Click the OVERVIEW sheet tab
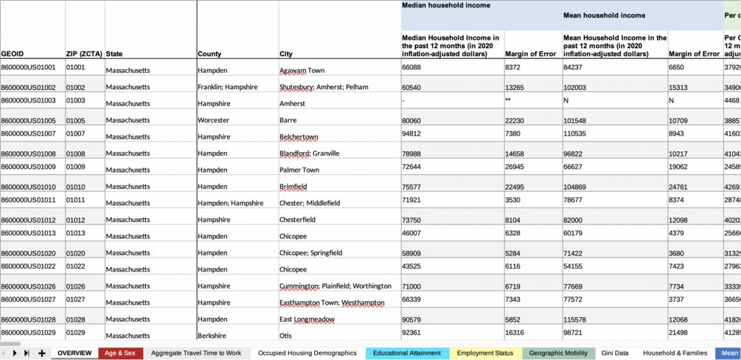pyautogui.click(x=74, y=353)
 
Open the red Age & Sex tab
pyautogui.click(x=120, y=353)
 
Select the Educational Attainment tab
pyautogui.click(x=406, y=353)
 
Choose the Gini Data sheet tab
pyautogui.click(x=615, y=353)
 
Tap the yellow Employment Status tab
pyautogui.click(x=484, y=353)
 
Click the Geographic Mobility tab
pyautogui.click(x=558, y=353)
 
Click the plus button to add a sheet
pyautogui.click(x=42, y=353)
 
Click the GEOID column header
pyautogui.click(x=13, y=54)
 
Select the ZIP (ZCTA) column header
pyautogui.click(x=84, y=54)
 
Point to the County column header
pyautogui.click(x=209, y=54)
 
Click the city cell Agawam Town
pyautogui.click(x=302, y=70)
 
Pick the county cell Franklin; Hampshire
pyautogui.click(x=228, y=87)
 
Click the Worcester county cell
pyautogui.click(x=213, y=120)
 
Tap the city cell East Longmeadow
pyautogui.click(x=307, y=319)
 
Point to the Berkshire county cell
pyautogui.click(x=212, y=336)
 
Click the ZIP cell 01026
pyautogui.click(x=75, y=286)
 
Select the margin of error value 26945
pyautogui.click(x=514, y=167)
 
